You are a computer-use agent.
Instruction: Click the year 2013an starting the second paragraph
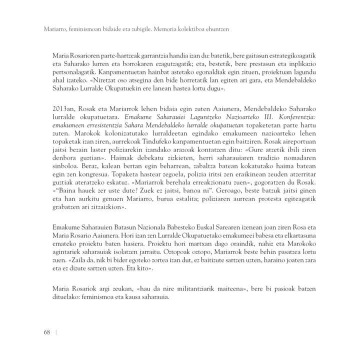64,108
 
